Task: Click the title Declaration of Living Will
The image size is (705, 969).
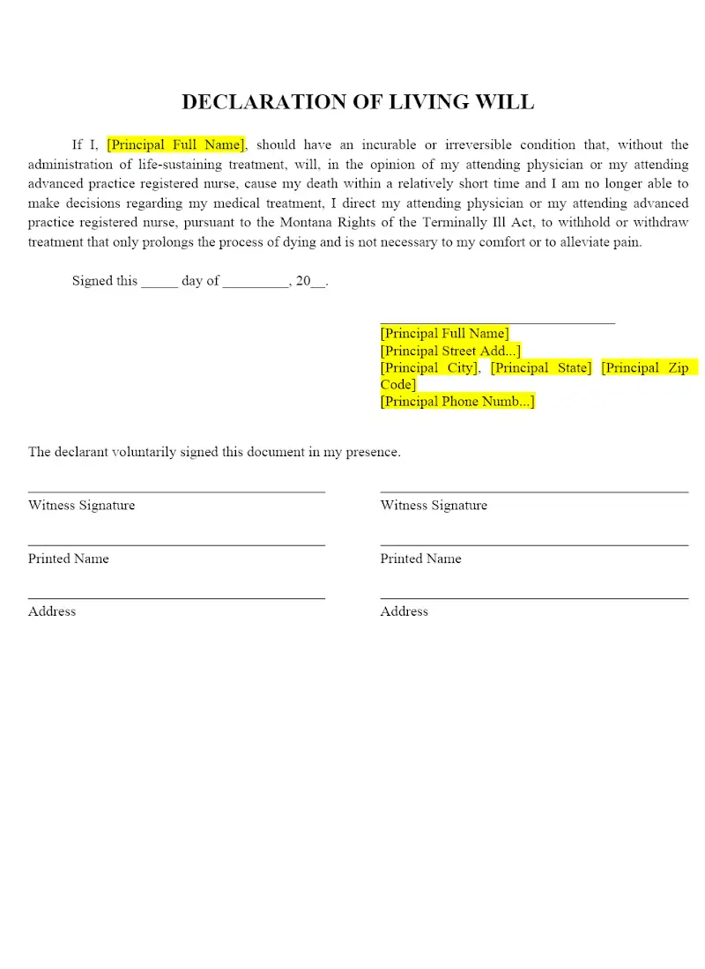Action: pos(358,102)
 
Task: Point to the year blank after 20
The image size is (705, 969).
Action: pos(318,284)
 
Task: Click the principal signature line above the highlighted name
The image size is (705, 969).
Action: pos(497,322)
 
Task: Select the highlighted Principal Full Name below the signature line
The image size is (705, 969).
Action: pos(444,334)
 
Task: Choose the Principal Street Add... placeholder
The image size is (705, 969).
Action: pos(450,351)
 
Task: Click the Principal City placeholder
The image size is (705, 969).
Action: pos(429,368)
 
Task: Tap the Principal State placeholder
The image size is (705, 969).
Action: pos(541,368)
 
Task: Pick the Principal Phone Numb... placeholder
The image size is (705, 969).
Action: pos(457,402)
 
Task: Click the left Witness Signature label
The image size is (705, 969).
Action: pos(81,506)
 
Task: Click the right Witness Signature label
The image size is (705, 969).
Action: pos(434,506)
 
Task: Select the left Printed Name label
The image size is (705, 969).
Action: pos(69,558)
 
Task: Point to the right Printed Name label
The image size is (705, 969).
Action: pos(420,558)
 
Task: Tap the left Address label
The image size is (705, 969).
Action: pos(52,611)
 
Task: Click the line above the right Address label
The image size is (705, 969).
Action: pos(534,599)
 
